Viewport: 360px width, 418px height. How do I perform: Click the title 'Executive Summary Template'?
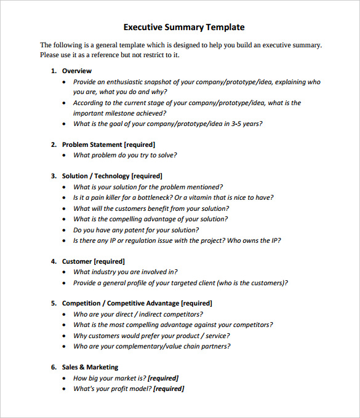pyautogui.click(x=184, y=27)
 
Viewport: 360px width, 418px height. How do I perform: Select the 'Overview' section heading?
pyautogui.click(x=77, y=71)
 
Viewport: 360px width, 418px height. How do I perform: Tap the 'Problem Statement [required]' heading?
pyautogui.click(x=108, y=144)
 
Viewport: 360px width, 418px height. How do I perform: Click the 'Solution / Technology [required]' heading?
pyautogui.click(x=112, y=176)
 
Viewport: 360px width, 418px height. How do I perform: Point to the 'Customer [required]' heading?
pyautogui.click(x=93, y=261)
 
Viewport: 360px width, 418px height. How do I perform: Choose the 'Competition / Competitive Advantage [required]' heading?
pyautogui.click(x=137, y=303)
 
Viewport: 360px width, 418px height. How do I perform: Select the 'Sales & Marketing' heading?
pyautogui.click(x=90, y=367)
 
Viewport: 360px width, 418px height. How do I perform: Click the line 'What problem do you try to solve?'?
pyautogui.click(x=125, y=156)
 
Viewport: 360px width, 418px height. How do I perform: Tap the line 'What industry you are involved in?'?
pyautogui.click(x=126, y=272)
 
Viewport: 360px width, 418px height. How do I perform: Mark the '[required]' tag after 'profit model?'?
pyautogui.click(x=169, y=388)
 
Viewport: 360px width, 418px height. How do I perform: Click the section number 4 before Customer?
pyautogui.click(x=53, y=261)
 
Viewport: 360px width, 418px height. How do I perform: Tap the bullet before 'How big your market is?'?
pyautogui.click(x=65, y=379)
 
